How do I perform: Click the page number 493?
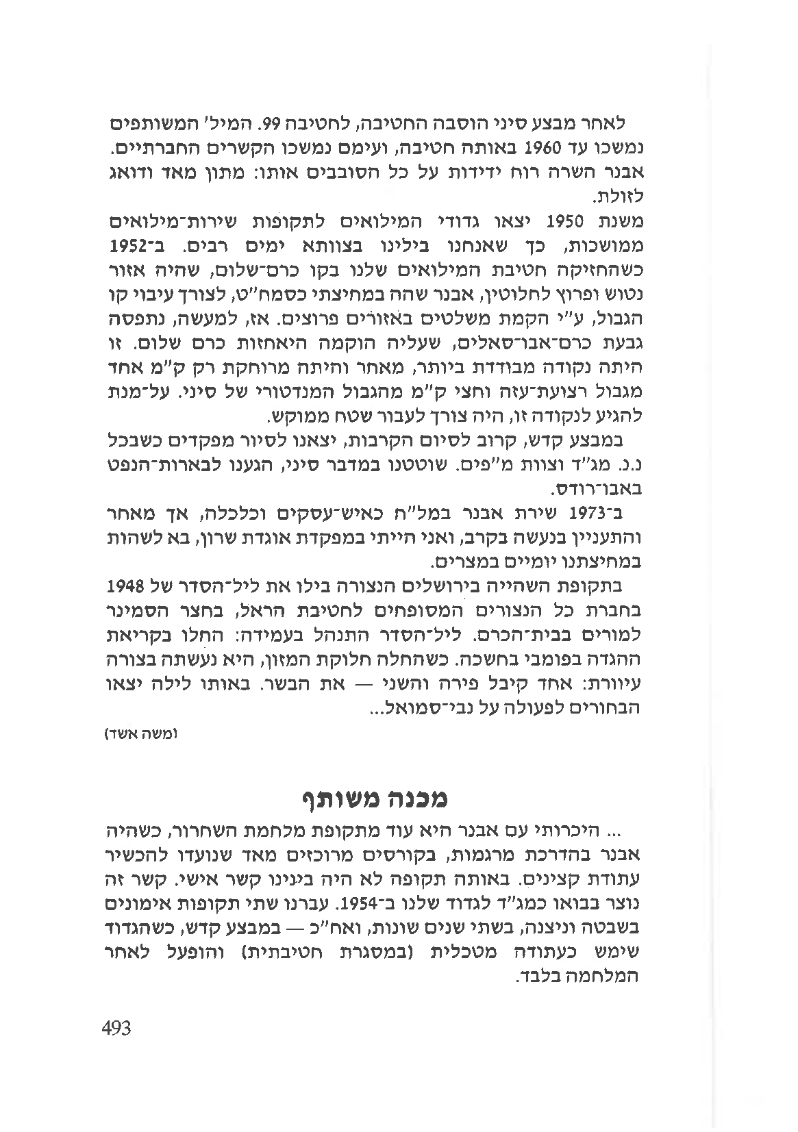tap(115, 1028)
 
